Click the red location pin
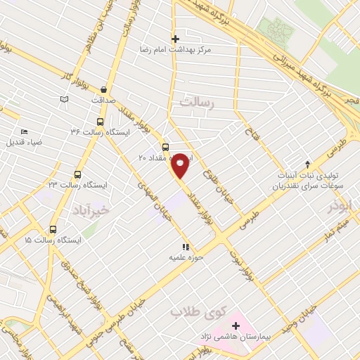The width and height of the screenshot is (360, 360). coord(181,165)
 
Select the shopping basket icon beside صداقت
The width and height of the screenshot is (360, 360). coord(104,89)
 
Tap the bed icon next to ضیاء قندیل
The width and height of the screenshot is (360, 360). coord(25,131)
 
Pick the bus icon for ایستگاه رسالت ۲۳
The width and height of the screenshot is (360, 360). coord(77,174)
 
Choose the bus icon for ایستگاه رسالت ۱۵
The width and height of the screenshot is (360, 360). coord(53,229)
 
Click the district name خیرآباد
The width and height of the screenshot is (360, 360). coord(91,209)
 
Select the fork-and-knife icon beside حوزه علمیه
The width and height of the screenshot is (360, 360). coord(186,247)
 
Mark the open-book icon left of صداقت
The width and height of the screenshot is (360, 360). coord(65,101)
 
